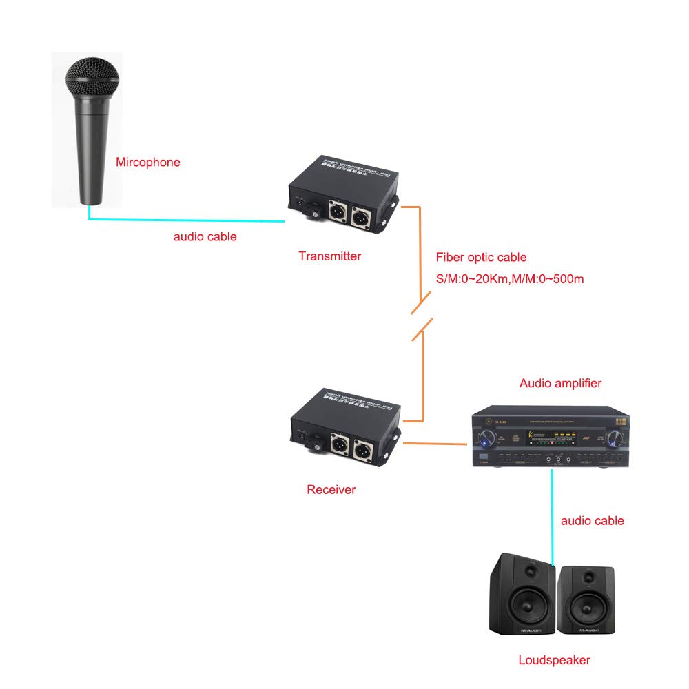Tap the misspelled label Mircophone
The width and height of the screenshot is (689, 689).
tap(147, 163)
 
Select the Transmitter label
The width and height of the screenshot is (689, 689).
tap(329, 256)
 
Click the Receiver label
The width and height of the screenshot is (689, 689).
tap(331, 490)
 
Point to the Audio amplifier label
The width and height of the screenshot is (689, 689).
tap(560, 383)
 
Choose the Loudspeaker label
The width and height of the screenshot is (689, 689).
tap(554, 660)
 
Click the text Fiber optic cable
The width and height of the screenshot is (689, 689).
tap(481, 257)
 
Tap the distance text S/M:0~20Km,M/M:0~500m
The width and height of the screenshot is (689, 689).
tap(510, 280)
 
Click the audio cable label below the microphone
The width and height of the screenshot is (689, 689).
tap(205, 236)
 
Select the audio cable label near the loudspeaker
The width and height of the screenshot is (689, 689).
tap(592, 520)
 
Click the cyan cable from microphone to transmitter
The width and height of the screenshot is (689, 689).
tap(186, 220)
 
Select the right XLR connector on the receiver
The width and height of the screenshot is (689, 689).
tap(362, 449)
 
